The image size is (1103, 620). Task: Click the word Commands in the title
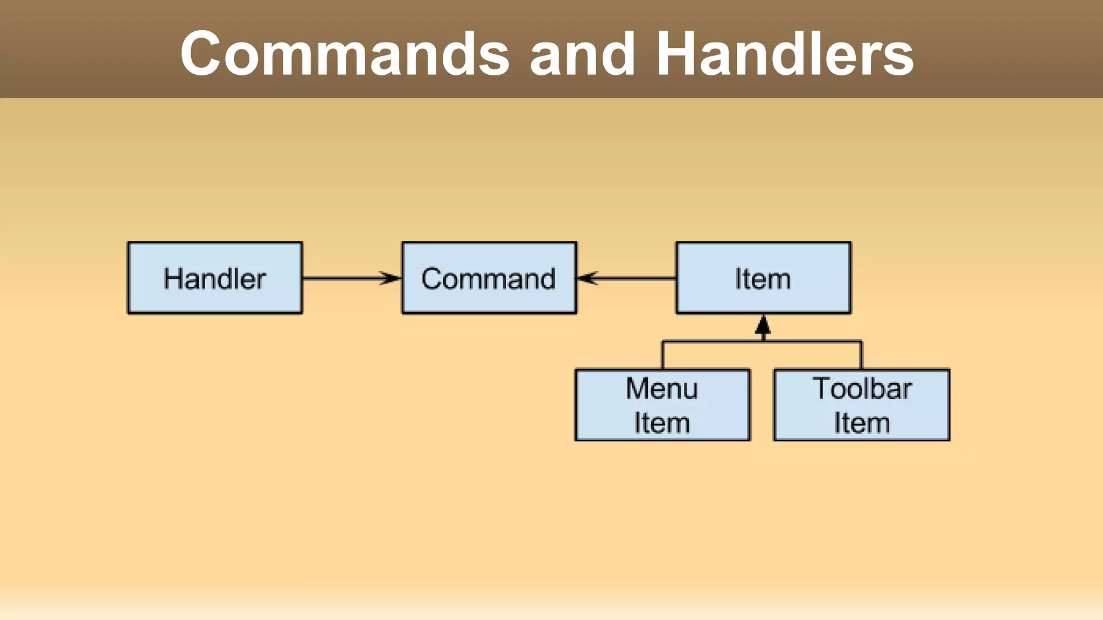pos(345,54)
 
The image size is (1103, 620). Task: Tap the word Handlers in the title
pos(785,54)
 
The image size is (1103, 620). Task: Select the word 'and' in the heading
pos(582,54)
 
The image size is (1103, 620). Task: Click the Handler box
pos(215,278)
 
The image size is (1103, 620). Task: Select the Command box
pos(489,278)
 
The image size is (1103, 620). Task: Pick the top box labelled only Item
pos(763,278)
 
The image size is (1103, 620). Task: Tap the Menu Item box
pos(662,405)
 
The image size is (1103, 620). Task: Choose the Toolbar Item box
pos(862,405)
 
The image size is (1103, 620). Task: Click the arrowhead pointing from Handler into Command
pos(392,278)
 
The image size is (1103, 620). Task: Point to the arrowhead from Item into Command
pos(587,278)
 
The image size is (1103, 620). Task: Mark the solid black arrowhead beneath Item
pos(763,325)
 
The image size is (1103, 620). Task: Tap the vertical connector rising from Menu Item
pos(662,355)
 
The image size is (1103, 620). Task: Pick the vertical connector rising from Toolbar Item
pos(861,355)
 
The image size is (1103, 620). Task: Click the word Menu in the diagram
pos(662,389)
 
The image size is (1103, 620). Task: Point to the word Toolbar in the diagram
pos(862,389)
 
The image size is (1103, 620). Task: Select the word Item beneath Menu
pos(662,423)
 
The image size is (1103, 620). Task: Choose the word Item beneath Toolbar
pos(862,423)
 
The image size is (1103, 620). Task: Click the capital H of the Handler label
pos(173,279)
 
